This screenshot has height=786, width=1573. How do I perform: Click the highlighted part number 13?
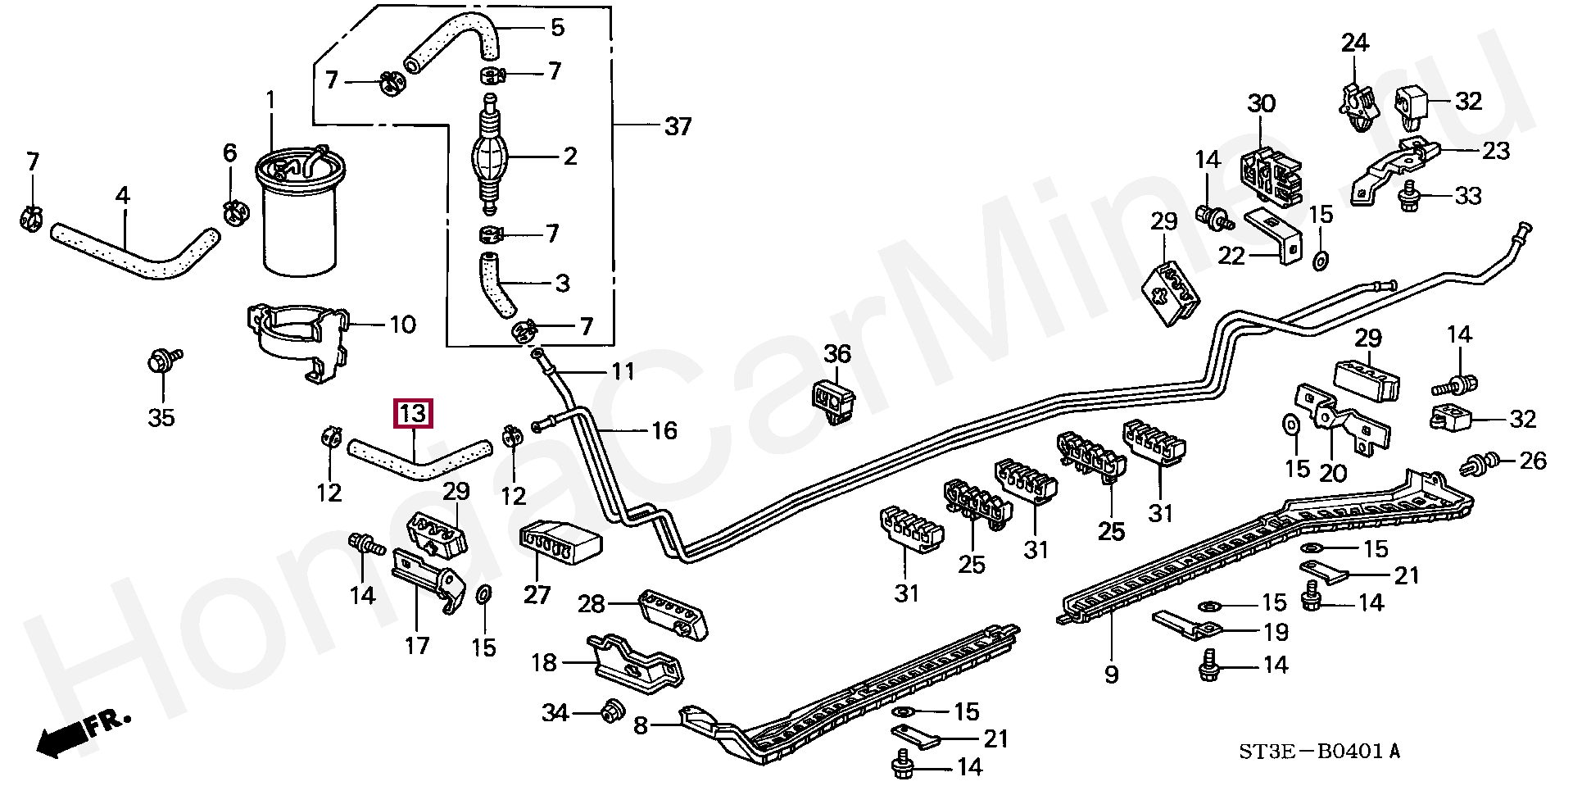tap(412, 414)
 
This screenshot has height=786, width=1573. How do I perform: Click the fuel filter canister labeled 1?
tap(299, 210)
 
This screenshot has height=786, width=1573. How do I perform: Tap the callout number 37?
tap(678, 127)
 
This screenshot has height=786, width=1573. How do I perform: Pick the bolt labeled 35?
tap(162, 361)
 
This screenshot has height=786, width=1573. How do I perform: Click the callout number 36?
tap(836, 353)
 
